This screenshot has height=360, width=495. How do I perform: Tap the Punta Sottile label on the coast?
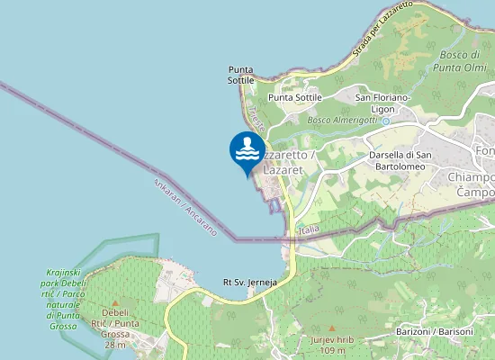240,75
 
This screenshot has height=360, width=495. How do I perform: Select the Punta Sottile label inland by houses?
295,97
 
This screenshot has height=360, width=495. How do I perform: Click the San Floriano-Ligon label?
383,103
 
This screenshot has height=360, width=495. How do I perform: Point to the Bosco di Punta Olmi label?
460,60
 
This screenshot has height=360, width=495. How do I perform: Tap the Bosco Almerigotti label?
342,120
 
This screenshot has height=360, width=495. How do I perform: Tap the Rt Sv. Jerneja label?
249,283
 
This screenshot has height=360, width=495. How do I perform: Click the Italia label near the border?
309,231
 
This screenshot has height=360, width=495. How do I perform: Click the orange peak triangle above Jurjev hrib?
331,328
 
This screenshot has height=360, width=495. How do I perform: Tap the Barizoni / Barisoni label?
435,332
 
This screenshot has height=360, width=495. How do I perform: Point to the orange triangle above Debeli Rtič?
115,304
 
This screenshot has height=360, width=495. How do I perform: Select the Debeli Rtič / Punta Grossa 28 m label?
114,328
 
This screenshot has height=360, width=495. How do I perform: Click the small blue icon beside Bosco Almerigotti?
385,120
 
